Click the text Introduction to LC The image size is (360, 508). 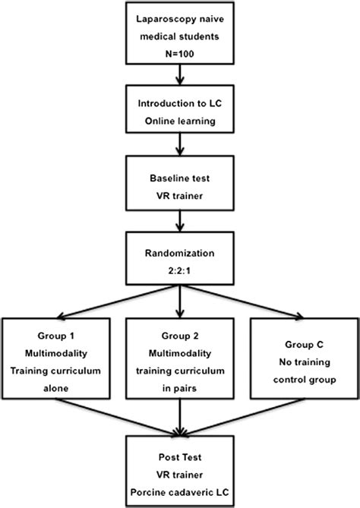[x=180, y=104]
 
